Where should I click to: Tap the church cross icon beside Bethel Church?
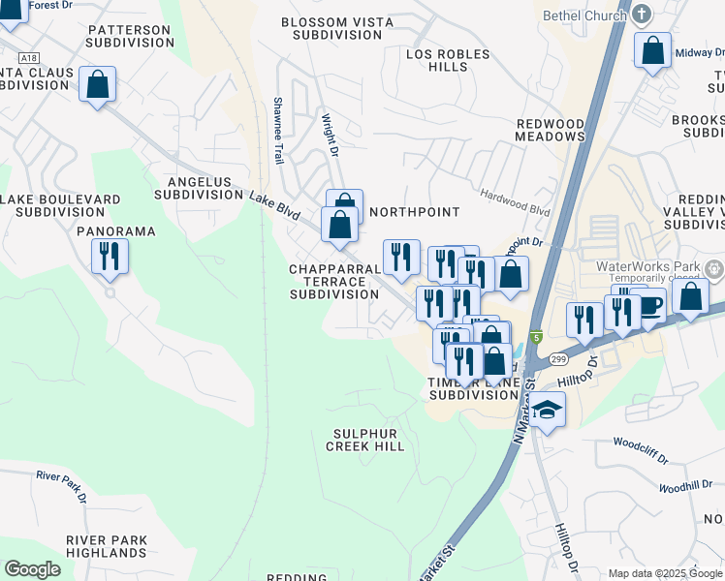point(642,15)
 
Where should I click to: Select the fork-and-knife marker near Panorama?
point(110,257)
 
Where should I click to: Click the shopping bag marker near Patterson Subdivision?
point(97,84)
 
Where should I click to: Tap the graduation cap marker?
point(548,411)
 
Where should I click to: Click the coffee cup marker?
point(650,305)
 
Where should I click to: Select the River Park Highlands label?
point(107,546)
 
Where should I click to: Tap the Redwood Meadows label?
point(550,131)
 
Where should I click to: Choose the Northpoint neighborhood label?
point(414,211)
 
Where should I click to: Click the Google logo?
point(33,569)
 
